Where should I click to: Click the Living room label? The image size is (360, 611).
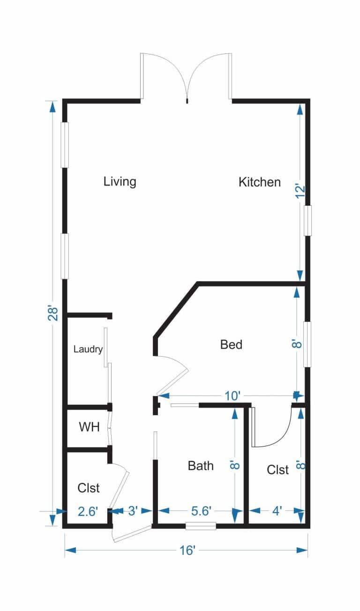[120, 181]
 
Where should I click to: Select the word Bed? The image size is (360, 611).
[231, 345]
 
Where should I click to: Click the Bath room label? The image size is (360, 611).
[201, 466]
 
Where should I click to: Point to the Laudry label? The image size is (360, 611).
[88, 350]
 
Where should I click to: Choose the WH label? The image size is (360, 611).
[89, 427]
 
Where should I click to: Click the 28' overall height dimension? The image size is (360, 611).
[53, 313]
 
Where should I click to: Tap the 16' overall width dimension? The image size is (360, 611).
[187, 551]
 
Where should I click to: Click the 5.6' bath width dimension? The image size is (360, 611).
[201, 511]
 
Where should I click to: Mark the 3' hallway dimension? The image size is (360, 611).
[133, 511]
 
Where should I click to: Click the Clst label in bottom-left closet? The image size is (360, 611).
[89, 488]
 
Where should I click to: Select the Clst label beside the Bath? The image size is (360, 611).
[278, 470]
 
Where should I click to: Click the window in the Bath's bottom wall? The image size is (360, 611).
[201, 526]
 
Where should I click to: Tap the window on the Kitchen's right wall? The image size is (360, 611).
[307, 221]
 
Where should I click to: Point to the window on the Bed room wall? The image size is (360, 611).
[307, 344]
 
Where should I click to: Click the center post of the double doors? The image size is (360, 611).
[187, 100]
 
